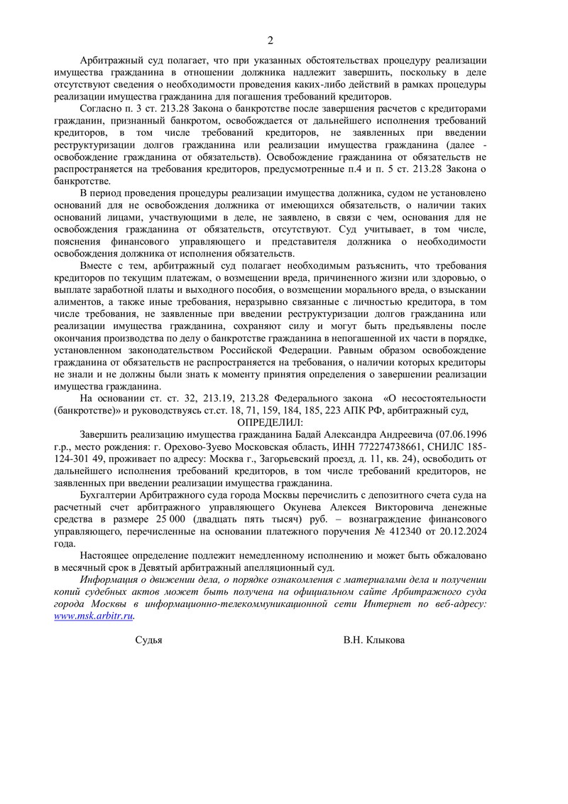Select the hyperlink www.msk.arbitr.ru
[x=94, y=616]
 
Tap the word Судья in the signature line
[x=148, y=640]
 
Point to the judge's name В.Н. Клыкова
[x=374, y=640]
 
